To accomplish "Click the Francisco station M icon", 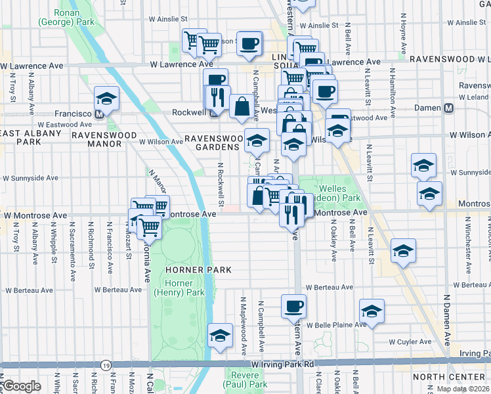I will coord(99,114).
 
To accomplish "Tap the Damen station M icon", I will coord(450,108).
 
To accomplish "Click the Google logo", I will coord(22,386).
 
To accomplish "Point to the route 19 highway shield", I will coord(106,364).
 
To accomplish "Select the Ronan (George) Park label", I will coord(58,17).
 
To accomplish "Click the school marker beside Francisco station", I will coord(106,99).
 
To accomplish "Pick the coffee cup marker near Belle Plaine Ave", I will coord(293,305).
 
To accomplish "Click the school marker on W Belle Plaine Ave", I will coord(372,311).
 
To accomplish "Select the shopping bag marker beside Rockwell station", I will coord(242,106).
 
